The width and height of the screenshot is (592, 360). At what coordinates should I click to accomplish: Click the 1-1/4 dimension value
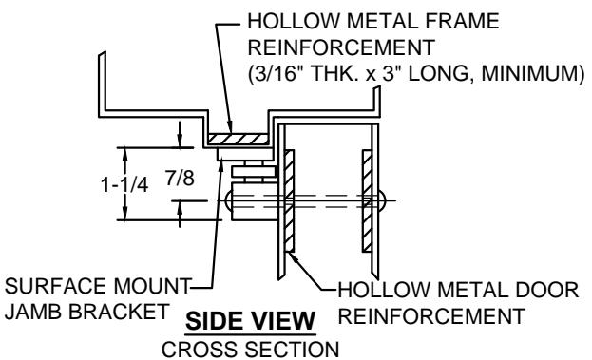(x=124, y=185)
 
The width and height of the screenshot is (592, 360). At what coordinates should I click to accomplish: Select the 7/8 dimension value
(x=180, y=178)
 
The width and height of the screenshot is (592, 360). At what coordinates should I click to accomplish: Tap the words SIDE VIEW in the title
(x=250, y=321)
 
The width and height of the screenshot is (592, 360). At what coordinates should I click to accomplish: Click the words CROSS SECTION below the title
(x=250, y=349)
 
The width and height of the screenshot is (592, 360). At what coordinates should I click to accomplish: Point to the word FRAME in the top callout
(x=463, y=21)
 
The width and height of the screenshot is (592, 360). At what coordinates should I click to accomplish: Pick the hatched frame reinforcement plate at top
(x=239, y=139)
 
